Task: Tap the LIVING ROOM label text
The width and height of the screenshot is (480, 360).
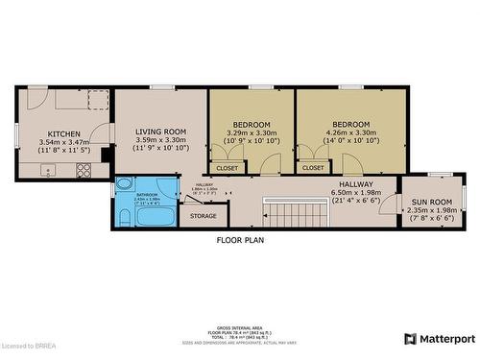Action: pos(159,132)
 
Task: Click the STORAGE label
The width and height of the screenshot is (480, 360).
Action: pos(203,216)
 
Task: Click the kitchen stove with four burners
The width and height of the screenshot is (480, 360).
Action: pos(83,171)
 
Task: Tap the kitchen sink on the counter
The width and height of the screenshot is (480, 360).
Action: pos(50,172)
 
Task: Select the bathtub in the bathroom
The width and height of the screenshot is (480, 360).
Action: pos(153,216)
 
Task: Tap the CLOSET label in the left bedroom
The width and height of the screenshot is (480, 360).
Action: pos(228,168)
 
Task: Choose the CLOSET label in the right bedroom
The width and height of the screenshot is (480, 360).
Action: pos(313,168)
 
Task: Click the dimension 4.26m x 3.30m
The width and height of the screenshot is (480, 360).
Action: pos(350,133)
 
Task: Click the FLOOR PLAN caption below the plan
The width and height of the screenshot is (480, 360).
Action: pos(240,240)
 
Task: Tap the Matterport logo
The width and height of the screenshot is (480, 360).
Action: pos(440,339)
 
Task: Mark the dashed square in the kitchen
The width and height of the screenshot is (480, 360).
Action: pos(95,100)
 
